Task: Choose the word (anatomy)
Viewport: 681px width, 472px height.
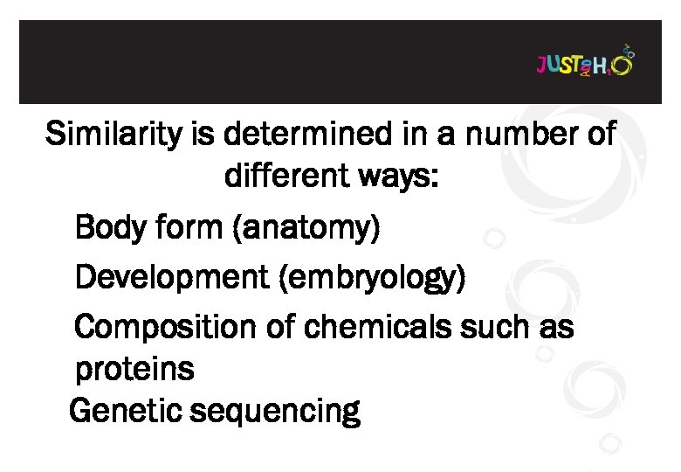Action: pos(306,229)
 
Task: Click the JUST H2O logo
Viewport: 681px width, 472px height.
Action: pos(584,64)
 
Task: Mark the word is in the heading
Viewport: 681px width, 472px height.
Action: pos(200,135)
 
